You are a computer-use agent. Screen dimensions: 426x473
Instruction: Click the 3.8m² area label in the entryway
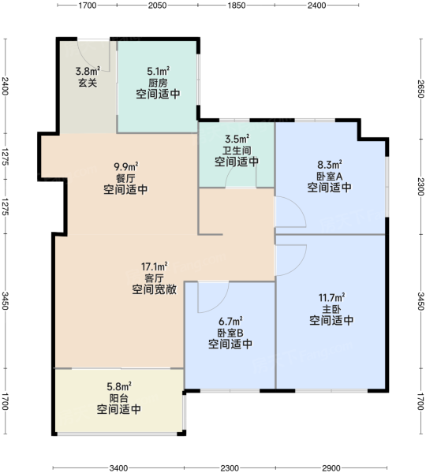pyautogui.click(x=88, y=71)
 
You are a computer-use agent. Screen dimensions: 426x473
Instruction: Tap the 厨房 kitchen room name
pyautogui.click(x=158, y=83)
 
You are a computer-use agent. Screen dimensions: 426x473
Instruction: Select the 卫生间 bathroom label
pyautogui.click(x=237, y=151)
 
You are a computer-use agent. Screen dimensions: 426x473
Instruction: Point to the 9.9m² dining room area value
pyautogui.click(x=126, y=166)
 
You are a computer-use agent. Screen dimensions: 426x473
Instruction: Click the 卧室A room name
pyautogui.click(x=330, y=176)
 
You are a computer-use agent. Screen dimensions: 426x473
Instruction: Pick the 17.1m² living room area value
pyautogui.click(x=155, y=266)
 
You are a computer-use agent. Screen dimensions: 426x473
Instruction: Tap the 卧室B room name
pyautogui.click(x=230, y=333)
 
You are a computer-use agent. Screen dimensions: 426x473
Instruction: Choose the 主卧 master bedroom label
pyautogui.click(x=331, y=309)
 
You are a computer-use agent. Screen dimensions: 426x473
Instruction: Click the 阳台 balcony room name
pyautogui.click(x=118, y=398)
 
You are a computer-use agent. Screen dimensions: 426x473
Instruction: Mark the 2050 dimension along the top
pyautogui.click(x=157, y=6)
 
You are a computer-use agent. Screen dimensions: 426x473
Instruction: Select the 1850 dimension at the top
pyautogui.click(x=237, y=6)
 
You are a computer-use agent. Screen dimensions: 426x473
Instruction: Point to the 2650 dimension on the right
pyautogui.click(x=420, y=88)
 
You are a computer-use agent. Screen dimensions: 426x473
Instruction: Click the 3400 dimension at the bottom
pyautogui.click(x=118, y=467)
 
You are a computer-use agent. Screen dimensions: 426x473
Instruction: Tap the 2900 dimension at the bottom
pyautogui.click(x=331, y=467)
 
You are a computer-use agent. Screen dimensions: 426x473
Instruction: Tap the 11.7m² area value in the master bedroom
pyautogui.click(x=331, y=298)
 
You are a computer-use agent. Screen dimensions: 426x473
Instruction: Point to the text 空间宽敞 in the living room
pyautogui.click(x=155, y=289)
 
